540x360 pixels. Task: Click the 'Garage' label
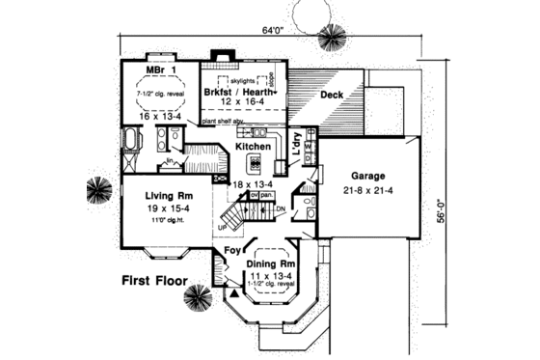367,178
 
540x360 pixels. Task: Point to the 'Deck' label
332,96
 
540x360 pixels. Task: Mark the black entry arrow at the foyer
232,289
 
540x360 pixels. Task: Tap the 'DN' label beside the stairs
281,208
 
